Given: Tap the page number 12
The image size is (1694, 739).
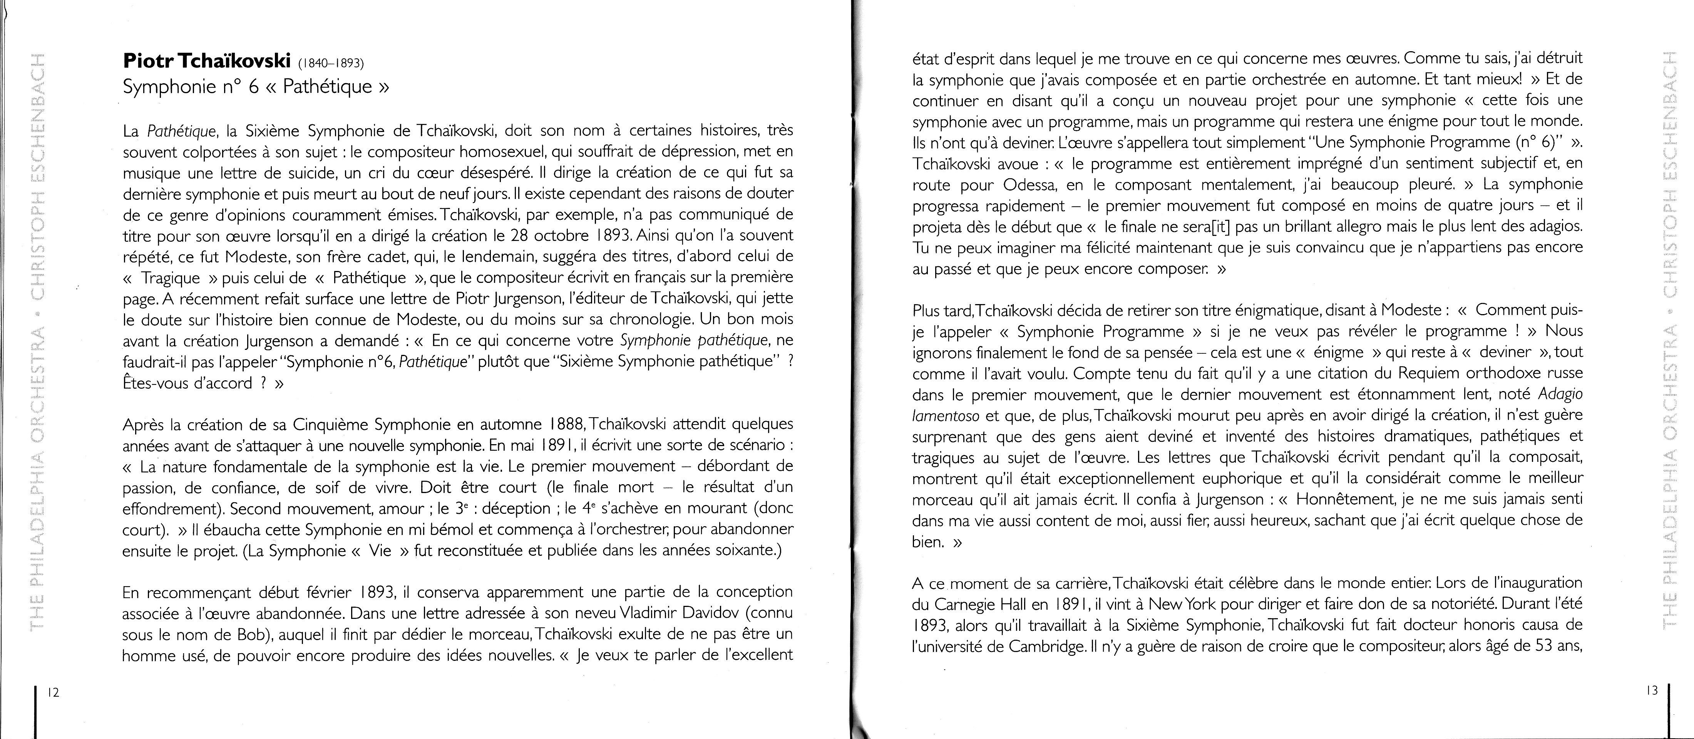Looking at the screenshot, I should click(x=53, y=692).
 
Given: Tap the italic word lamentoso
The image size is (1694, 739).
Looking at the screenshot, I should click(x=945, y=416).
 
